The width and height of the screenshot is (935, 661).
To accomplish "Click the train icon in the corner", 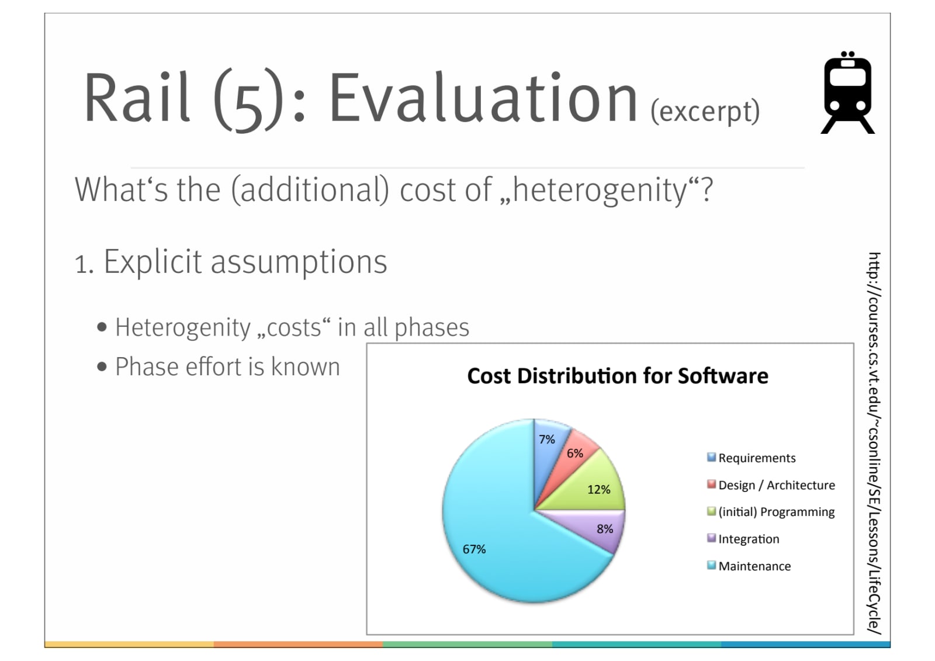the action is (847, 92).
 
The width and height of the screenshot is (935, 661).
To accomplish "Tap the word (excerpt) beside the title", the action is (705, 112).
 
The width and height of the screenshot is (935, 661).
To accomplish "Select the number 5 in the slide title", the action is (248, 113).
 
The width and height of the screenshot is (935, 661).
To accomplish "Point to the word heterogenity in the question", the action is (600, 190).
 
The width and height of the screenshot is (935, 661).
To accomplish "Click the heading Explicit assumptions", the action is (245, 262).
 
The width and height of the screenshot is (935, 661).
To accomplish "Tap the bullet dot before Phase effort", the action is (102, 366).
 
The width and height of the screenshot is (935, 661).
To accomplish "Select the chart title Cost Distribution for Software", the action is (617, 375).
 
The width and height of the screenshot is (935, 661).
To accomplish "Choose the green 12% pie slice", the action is (595, 489).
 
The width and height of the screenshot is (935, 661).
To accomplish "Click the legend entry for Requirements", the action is (752, 458).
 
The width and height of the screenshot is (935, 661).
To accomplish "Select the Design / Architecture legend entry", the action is (771, 484).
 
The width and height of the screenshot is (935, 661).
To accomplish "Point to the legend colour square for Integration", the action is (711, 538).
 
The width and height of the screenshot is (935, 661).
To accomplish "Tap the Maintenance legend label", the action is (754, 566).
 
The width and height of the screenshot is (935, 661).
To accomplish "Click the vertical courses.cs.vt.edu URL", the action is (874, 444).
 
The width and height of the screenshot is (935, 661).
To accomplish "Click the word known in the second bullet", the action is (306, 366).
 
